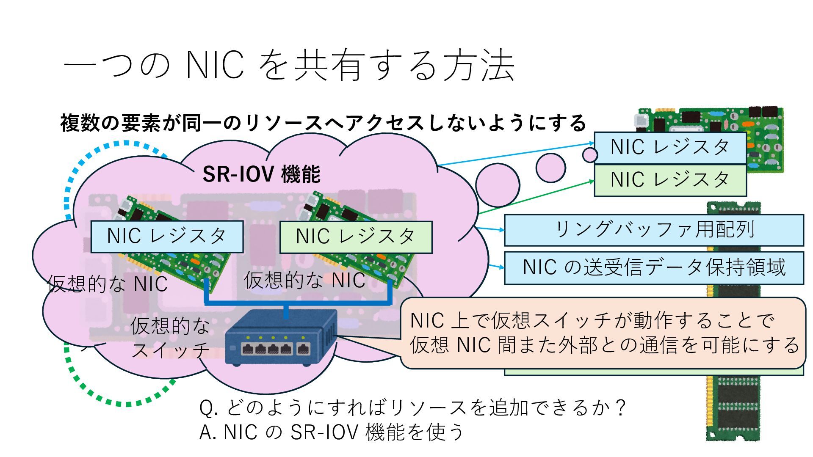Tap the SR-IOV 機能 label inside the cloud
(261, 174)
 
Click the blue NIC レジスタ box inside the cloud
(167, 236)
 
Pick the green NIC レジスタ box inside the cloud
(356, 237)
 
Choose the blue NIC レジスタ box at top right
(670, 148)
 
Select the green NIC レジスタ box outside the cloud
(670, 180)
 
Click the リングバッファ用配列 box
(654, 230)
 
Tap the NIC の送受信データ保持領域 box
(654, 267)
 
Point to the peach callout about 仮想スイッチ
(603, 333)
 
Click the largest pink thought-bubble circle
(497, 185)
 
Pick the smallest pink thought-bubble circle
(589, 155)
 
